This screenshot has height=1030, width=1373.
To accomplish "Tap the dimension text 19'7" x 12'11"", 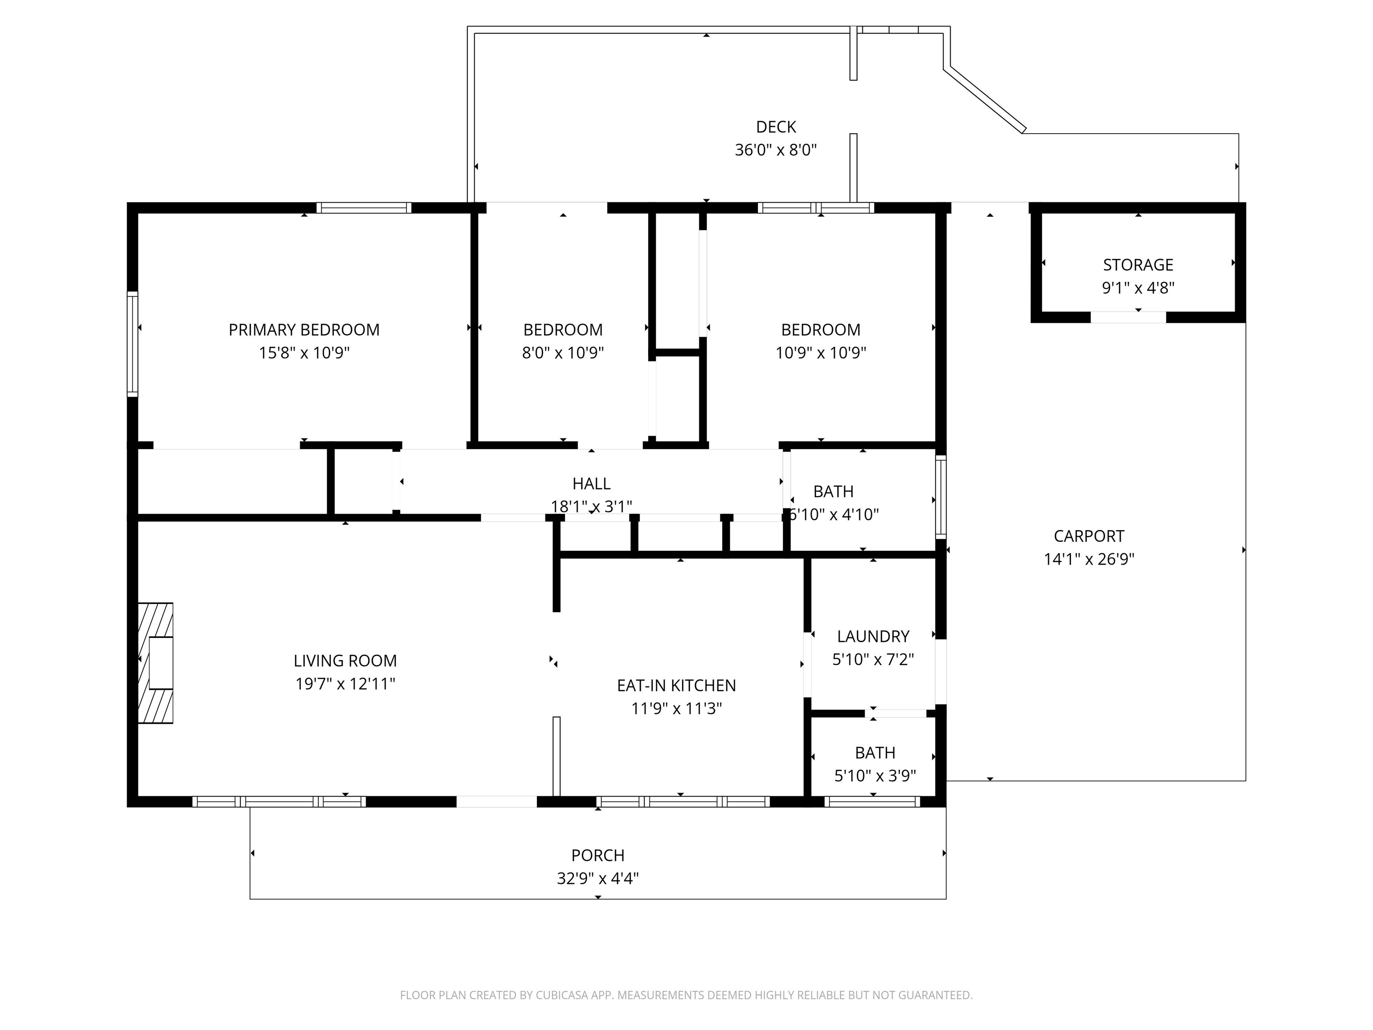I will coord(345,684).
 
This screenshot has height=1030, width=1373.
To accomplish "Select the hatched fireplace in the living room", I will coord(155,663).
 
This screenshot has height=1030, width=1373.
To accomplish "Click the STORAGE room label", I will coord(1138,265).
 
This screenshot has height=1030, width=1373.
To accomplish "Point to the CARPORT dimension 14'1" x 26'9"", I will coord(1089,559).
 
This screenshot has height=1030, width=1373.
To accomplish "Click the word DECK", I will coord(775,127).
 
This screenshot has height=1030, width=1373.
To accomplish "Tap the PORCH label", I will coord(597,856).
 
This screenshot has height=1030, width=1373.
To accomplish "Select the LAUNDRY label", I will coord(873,637).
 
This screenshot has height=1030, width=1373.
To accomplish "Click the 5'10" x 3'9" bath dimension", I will coord(875,776).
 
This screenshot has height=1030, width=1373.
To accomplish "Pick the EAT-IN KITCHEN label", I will coord(676,685).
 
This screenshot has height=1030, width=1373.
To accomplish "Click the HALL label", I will coord(591,484).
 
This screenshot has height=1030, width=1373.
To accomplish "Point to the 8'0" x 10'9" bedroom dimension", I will coord(562,353).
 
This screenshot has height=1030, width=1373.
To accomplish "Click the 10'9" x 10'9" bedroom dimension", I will coord(820,353).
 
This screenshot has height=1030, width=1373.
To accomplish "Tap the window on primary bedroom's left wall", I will coord(132,343).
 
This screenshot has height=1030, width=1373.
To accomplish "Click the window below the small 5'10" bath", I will coord(872,802).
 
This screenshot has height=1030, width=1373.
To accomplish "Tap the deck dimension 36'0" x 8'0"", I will coord(775,150).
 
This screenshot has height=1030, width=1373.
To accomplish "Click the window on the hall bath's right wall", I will coord(940,496).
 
